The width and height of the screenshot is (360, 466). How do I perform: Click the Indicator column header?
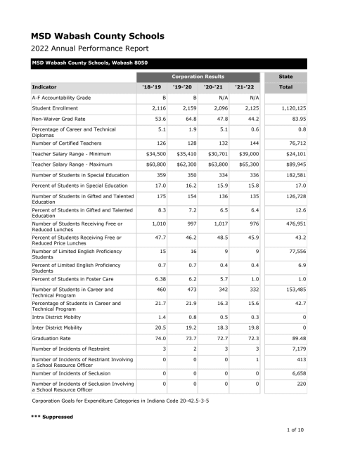point(44,87)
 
